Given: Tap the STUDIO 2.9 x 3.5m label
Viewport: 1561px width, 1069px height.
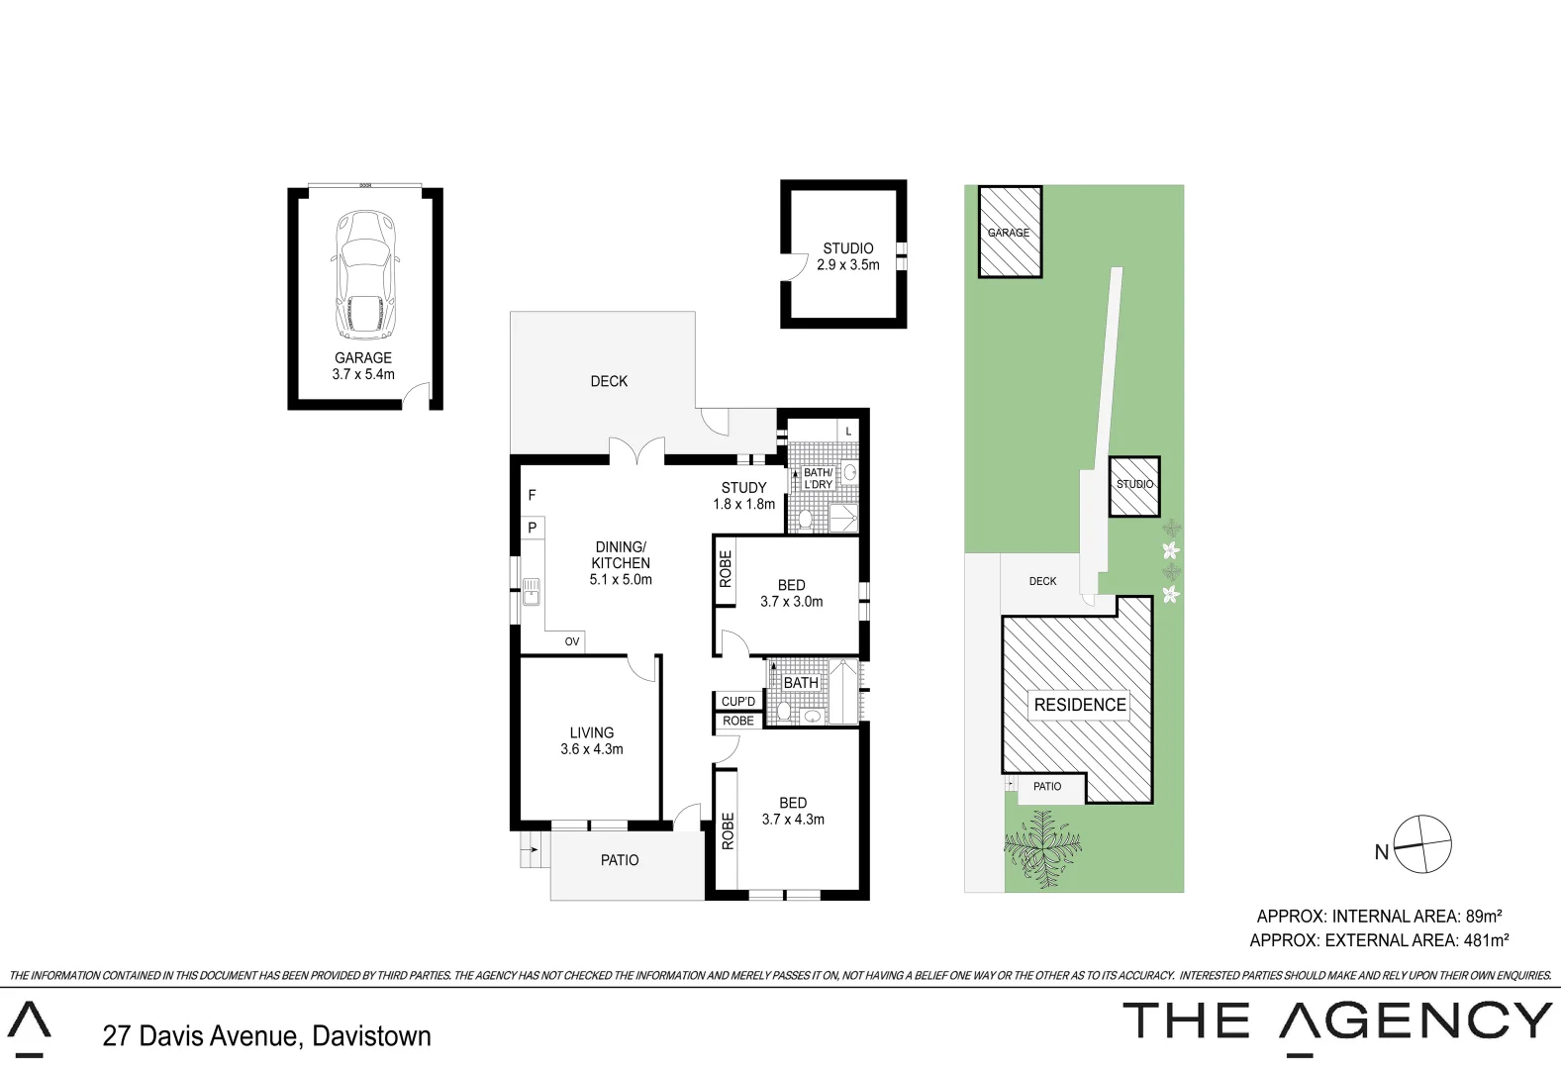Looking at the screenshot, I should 848,256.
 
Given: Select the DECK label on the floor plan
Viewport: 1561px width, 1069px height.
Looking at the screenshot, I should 609,381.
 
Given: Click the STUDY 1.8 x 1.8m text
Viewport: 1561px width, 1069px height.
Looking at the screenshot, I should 744,496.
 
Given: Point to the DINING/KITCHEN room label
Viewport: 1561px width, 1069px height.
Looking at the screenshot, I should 621,562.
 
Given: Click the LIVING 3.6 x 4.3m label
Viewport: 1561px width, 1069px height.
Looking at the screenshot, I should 592,740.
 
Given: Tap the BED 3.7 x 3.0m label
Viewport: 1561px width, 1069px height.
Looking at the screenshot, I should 791,593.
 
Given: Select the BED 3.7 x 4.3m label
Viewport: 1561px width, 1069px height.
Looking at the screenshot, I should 793,811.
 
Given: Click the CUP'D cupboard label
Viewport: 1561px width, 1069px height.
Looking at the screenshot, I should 738,701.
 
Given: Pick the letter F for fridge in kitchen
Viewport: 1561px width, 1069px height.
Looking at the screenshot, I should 532,495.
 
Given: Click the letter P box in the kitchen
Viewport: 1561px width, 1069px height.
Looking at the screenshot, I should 533,528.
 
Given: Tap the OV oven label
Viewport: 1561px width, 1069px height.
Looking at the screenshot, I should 572,641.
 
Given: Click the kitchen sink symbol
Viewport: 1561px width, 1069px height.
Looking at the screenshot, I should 532,591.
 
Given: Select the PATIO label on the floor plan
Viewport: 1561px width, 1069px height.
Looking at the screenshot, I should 620,860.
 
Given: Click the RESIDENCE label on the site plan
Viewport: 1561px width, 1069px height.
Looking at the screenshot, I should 1080,705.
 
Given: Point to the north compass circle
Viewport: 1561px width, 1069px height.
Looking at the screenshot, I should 1422,844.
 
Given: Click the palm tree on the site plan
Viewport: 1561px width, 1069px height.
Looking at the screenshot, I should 1042,847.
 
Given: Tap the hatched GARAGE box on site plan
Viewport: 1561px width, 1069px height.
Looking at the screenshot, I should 1010,233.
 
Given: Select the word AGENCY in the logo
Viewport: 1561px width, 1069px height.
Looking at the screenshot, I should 1415,1020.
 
